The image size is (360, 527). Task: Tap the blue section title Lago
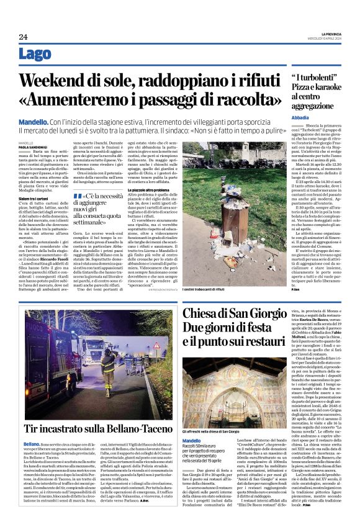[35, 54]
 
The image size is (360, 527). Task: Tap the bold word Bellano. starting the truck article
[32, 444]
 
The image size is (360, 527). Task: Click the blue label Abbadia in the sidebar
[301, 117]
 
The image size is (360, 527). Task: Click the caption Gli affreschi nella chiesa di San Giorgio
[211, 431]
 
